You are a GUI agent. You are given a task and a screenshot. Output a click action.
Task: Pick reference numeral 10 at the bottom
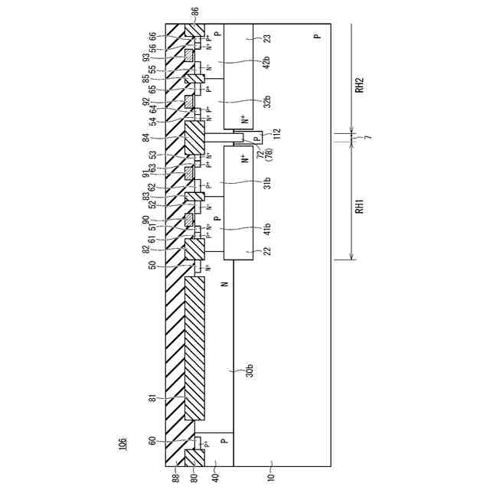coord(270,476)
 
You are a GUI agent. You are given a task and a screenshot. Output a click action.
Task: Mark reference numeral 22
coord(267,251)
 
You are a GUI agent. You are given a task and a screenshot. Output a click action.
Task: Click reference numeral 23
coord(267,37)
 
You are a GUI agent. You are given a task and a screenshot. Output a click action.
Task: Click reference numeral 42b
coord(267,62)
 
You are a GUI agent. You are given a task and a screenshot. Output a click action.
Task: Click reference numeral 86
coord(194,11)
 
